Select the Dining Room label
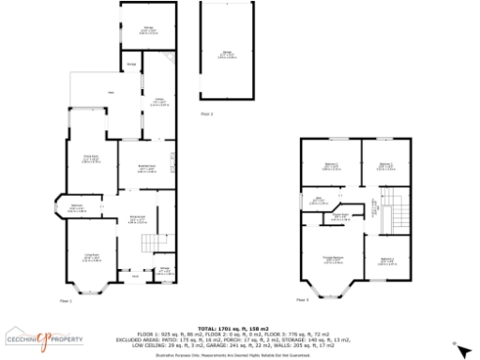tap(90, 159)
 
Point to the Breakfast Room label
tap(146, 167)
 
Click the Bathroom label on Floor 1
tap(76, 208)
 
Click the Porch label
tap(135, 276)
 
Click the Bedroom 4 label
tap(385, 261)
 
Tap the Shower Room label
tap(343, 215)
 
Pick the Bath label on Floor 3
tap(319, 199)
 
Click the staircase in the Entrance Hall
tap(149, 244)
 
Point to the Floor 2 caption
tap(207, 113)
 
